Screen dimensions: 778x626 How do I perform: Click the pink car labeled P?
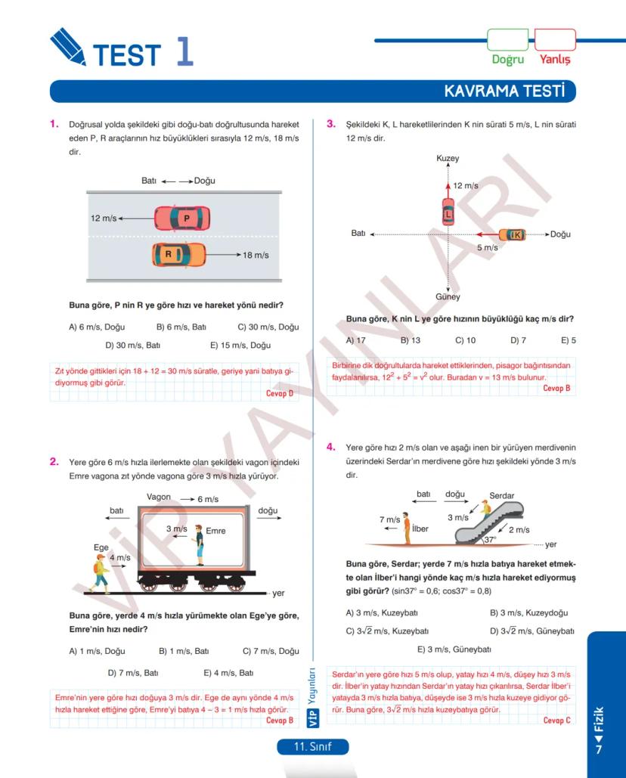coord(182,219)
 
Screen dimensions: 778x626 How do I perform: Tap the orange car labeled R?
coord(178,255)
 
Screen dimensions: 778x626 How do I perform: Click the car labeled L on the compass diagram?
coord(448,211)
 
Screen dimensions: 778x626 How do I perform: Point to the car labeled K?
coord(513,234)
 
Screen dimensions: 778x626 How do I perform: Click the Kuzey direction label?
coord(448,159)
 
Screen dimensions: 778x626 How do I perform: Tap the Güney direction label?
coord(448,297)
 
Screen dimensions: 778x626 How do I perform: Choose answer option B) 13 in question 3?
coord(411,340)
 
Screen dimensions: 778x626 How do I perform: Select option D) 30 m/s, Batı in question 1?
coord(133,346)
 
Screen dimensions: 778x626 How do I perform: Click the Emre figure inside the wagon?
coord(199,545)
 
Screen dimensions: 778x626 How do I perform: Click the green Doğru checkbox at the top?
coord(507,40)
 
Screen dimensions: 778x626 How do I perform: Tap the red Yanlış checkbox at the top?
coord(555,40)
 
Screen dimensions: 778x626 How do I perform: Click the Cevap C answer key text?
coord(557,721)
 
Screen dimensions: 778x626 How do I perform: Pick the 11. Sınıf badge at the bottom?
coord(313,747)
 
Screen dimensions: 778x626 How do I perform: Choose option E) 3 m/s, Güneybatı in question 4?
coord(454,649)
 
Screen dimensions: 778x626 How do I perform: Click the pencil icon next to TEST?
coord(67,46)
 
